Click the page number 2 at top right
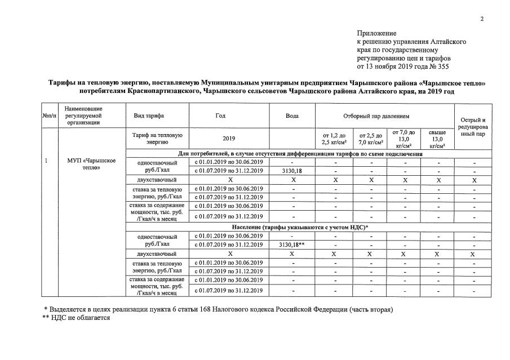point(482,20)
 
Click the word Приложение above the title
point(376,34)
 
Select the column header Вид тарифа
point(149,115)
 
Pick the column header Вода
point(292,115)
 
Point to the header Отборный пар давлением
point(384,115)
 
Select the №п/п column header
point(49,115)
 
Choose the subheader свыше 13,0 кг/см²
point(437,139)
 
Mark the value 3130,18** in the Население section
point(292,245)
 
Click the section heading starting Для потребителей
point(300,153)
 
